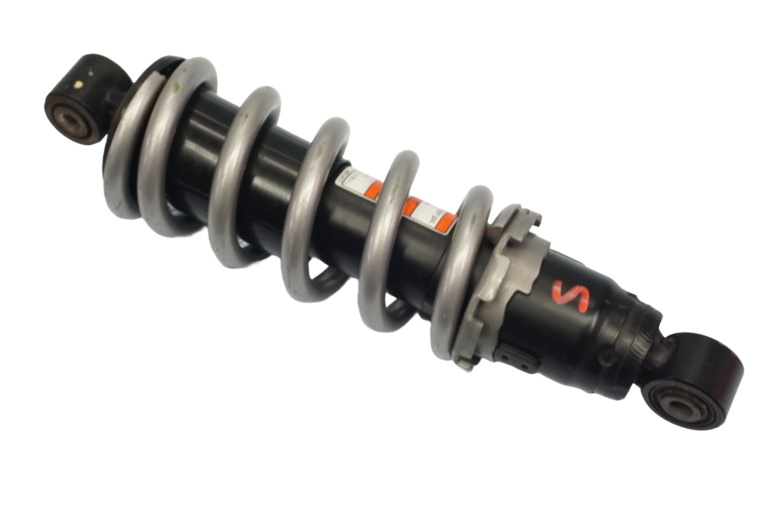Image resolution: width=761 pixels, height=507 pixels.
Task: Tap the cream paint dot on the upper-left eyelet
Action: pos(80,83)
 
